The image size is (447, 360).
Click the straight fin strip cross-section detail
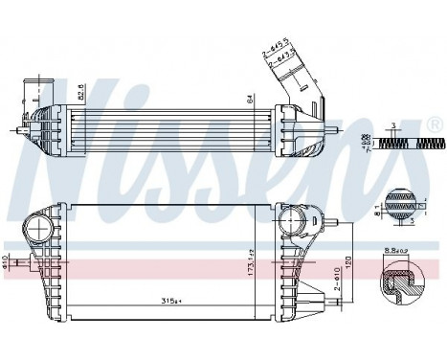[401, 143]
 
